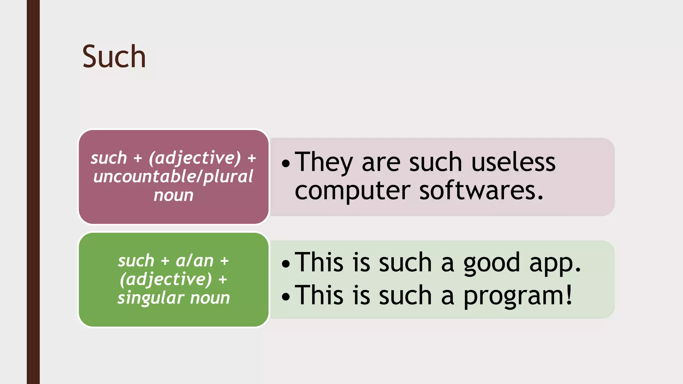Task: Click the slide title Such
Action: (x=114, y=57)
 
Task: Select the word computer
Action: (x=352, y=191)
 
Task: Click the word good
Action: (x=492, y=263)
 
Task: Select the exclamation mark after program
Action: (x=569, y=295)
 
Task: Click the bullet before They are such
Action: (x=286, y=163)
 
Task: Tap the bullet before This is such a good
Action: (x=286, y=264)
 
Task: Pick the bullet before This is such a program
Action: (x=286, y=296)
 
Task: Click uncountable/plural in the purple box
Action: (x=173, y=176)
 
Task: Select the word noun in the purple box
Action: (x=173, y=195)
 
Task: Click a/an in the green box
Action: (x=194, y=260)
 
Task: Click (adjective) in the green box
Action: (x=166, y=279)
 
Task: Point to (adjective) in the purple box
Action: (x=195, y=158)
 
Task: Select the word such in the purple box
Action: (x=109, y=158)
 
